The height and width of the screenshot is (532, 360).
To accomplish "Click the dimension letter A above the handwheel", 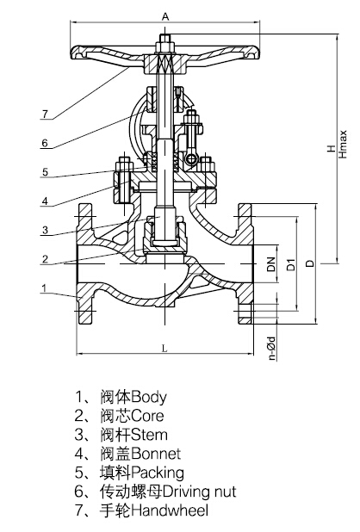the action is (x=165, y=16).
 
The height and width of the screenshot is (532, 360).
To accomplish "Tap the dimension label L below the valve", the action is (x=164, y=349).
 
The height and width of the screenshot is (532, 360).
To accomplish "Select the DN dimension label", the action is (x=271, y=263).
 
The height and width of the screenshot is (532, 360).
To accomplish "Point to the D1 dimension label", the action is (x=291, y=264).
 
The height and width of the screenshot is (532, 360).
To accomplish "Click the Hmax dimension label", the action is (x=343, y=144).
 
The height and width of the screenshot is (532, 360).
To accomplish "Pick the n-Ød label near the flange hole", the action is (x=271, y=348).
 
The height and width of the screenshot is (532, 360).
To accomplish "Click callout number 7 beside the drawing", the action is (x=45, y=114).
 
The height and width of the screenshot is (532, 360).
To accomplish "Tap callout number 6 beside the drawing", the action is (x=45, y=143).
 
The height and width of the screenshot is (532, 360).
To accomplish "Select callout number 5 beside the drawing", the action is (x=45, y=172).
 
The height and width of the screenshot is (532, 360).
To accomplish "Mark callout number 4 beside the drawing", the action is (x=45, y=201).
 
